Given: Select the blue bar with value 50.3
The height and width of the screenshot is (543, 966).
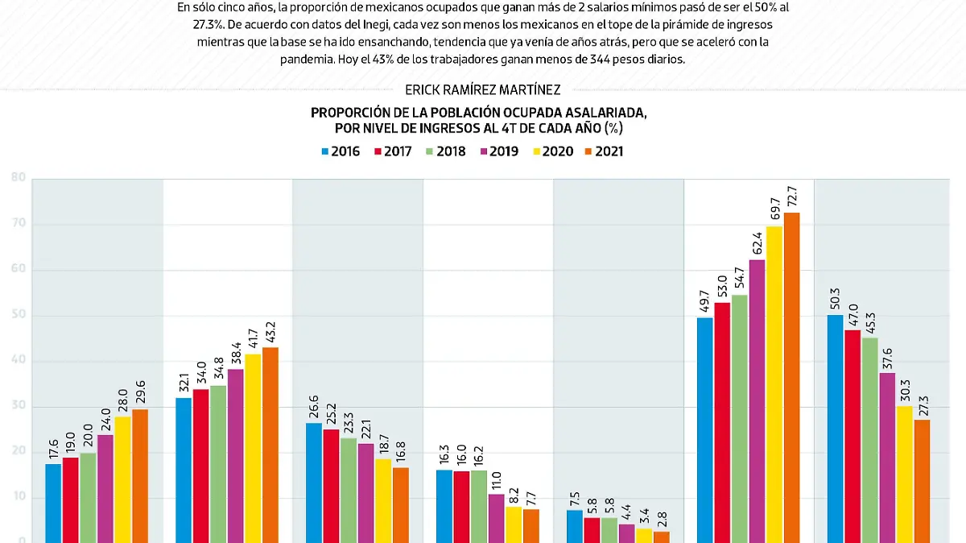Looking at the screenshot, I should [836, 428].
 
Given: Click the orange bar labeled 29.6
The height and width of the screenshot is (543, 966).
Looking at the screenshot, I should [140, 475].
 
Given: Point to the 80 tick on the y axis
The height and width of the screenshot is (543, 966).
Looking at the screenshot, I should [18, 178].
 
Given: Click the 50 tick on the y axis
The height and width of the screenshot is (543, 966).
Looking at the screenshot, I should [18, 316].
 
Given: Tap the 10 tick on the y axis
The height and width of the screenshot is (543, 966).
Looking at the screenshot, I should [18, 499].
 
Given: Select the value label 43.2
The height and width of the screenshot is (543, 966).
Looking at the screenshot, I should [270, 330].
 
